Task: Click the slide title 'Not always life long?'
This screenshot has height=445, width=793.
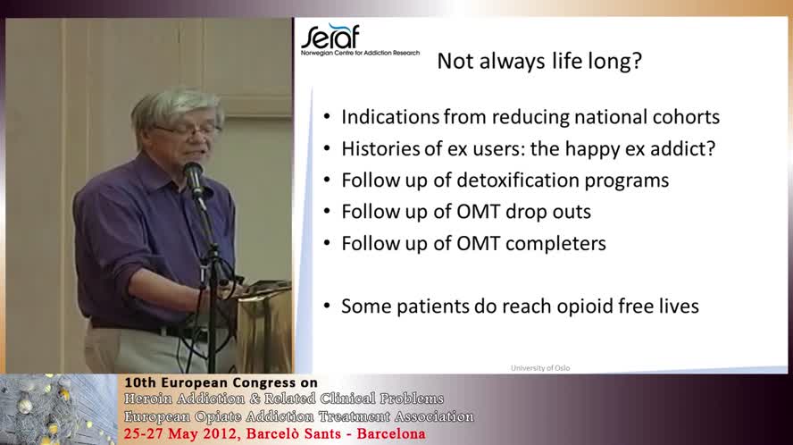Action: [538, 62]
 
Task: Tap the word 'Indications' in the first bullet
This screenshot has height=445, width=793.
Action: [389, 117]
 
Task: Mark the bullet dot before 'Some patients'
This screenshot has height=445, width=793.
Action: [326, 306]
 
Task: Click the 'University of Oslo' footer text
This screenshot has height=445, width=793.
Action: [540, 367]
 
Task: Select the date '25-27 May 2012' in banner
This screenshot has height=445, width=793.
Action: [180, 435]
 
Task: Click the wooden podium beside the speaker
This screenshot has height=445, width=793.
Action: [263, 331]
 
